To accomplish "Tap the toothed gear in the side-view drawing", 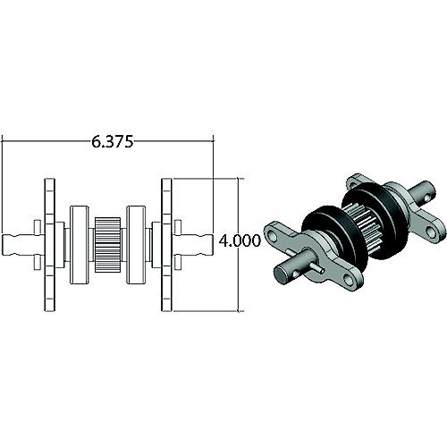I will tap(107, 245).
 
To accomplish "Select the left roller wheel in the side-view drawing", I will tap(79, 245).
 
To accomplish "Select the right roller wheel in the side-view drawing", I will tap(137, 245).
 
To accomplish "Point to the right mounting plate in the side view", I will tap(165, 245).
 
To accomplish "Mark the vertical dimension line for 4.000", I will tap(240, 206).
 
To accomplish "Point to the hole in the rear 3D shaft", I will tap(429, 190).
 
